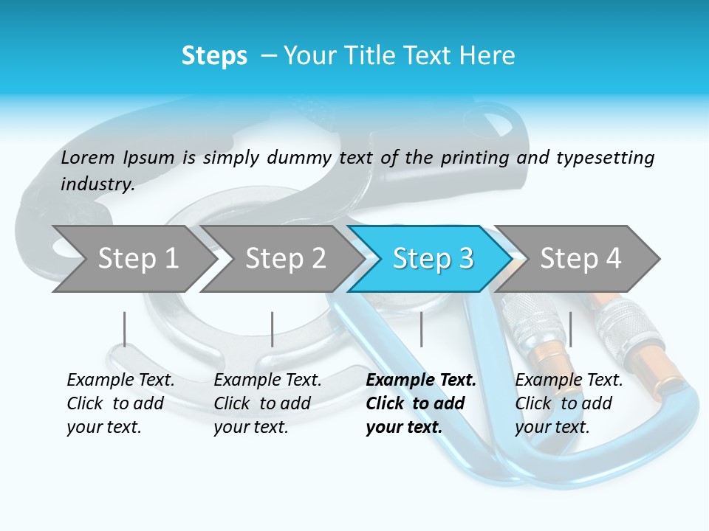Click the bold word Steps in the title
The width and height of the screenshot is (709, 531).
coord(214,56)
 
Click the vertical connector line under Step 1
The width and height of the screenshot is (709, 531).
coord(125,329)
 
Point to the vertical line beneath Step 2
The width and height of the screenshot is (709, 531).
coord(273,329)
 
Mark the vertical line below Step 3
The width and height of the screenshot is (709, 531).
coord(421,329)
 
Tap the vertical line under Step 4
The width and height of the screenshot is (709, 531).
coord(570,329)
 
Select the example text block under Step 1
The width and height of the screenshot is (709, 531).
coord(120,403)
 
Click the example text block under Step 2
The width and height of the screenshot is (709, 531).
coord(267,403)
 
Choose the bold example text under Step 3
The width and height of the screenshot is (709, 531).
coord(421,403)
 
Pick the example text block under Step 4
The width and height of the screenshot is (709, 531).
coord(569,403)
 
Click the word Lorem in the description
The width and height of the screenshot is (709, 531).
coord(88,157)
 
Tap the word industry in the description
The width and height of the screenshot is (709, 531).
coord(97,184)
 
